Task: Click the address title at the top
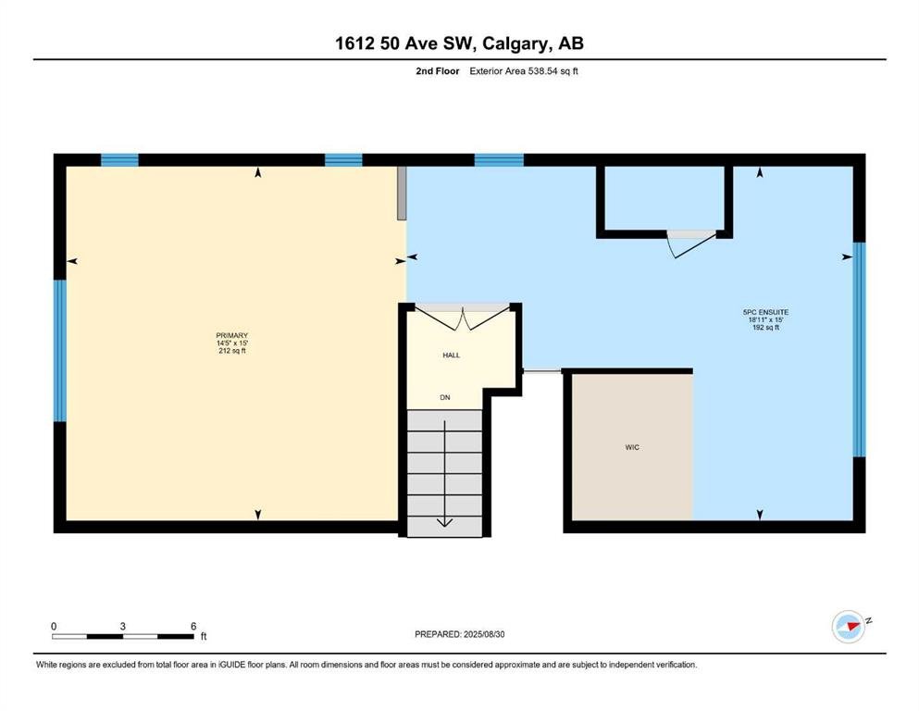click(x=459, y=44)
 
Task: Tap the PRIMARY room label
click(x=232, y=336)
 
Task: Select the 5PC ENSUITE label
click(x=765, y=312)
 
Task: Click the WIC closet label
click(x=632, y=447)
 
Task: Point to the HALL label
click(x=452, y=355)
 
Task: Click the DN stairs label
click(x=445, y=397)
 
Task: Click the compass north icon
click(x=849, y=626)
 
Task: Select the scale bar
click(x=123, y=636)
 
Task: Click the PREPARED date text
click(x=459, y=634)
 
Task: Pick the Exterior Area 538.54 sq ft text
click(x=524, y=71)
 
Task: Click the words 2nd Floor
click(x=437, y=71)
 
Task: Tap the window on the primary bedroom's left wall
click(x=60, y=351)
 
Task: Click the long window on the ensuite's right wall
click(x=859, y=349)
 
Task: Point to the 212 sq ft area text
click(x=232, y=351)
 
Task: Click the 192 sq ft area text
click(x=765, y=327)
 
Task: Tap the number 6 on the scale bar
click(x=193, y=626)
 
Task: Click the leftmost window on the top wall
click(x=119, y=160)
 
